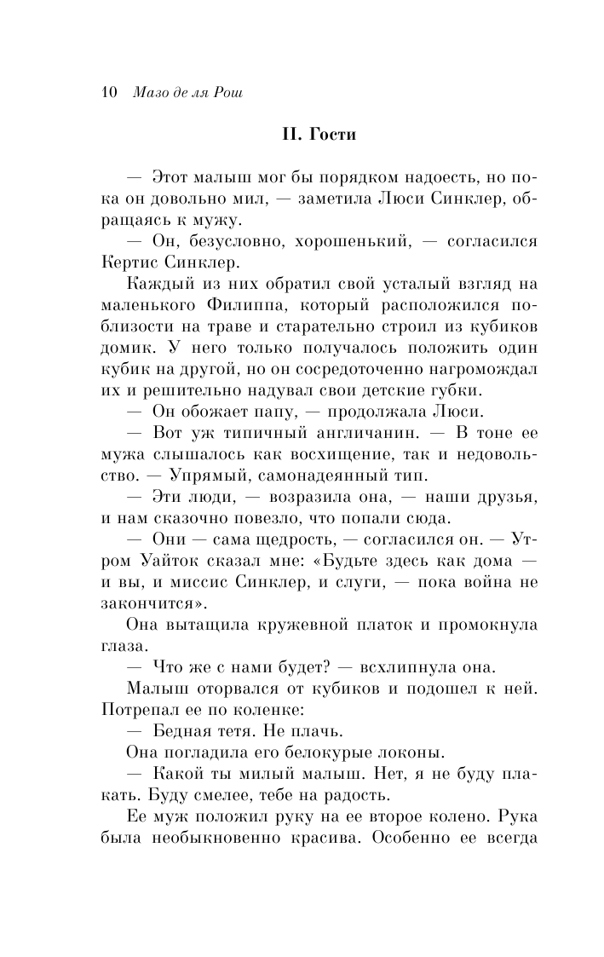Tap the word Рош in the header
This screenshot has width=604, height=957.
227,92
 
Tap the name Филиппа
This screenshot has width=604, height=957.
241,305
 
